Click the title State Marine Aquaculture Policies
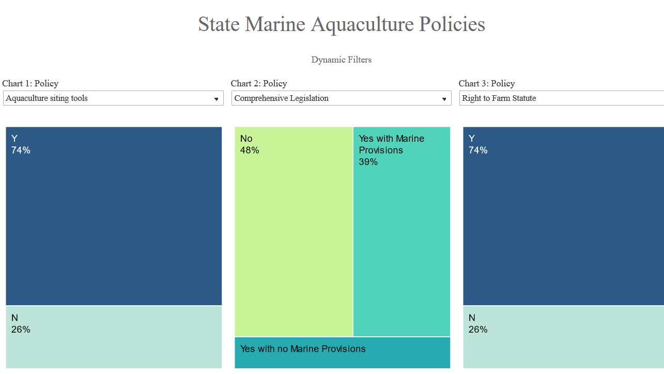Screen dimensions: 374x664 (342, 24)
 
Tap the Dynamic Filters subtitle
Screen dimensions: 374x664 (341, 59)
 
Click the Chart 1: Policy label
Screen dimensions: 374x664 (30, 83)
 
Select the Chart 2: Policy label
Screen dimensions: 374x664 (259, 83)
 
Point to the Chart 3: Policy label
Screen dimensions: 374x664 (487, 83)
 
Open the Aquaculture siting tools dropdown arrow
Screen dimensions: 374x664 (217, 99)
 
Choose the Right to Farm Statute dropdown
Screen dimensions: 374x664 (561, 98)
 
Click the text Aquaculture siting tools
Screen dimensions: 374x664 (47, 98)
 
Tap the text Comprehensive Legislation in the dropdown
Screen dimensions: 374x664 (281, 98)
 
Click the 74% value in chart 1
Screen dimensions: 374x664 (21, 151)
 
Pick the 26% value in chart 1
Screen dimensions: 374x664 (21, 330)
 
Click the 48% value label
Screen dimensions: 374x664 (250, 151)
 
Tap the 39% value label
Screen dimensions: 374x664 (368, 162)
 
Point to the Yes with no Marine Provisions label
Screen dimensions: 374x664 (303, 349)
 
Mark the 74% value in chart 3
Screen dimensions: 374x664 (478, 151)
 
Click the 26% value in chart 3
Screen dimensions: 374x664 (478, 330)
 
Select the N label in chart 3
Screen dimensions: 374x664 (472, 318)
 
